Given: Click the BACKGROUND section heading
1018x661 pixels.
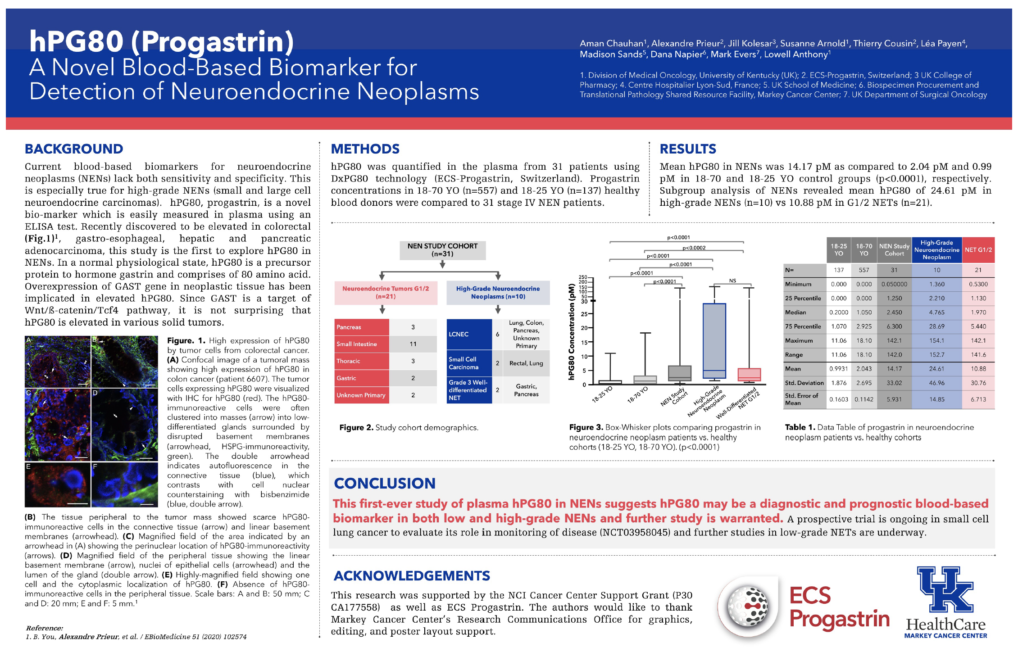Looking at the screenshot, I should point(74,149).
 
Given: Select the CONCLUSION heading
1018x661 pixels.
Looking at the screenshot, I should point(385,483).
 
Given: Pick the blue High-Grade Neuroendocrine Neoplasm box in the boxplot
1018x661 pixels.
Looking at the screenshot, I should point(714,341).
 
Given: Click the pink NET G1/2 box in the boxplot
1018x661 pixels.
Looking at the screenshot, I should point(749,375).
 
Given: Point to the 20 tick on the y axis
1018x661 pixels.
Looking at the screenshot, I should point(584,328).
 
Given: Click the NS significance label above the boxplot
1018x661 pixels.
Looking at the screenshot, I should point(732,281).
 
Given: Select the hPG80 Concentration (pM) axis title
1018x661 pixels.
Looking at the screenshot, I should point(571,332).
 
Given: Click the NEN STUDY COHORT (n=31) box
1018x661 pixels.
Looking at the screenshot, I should point(442,250).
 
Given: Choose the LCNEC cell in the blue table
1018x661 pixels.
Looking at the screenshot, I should point(468,334).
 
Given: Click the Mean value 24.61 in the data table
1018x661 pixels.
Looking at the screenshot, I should point(936,369).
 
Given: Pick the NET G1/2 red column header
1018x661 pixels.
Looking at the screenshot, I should point(978,250).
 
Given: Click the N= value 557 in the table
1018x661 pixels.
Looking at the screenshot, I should point(863,270).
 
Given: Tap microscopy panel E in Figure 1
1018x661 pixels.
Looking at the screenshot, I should point(58,484).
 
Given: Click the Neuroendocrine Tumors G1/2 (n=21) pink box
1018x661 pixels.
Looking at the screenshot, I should point(386,293).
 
